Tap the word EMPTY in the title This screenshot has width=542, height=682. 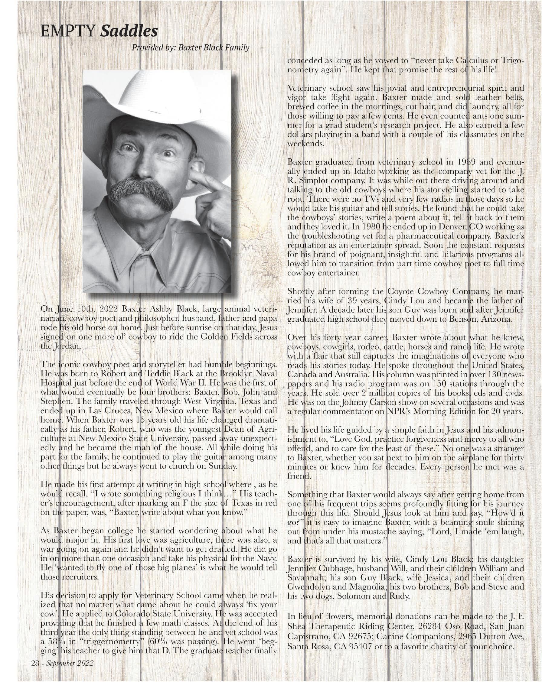pos(68,31)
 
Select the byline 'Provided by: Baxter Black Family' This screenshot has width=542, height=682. pos(191,48)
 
